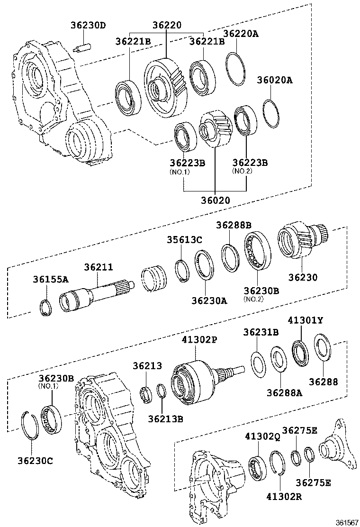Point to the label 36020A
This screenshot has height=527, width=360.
[275, 80]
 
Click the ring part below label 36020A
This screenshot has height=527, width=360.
[270, 114]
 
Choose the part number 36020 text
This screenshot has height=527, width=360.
[215, 200]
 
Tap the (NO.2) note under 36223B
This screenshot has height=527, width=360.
[242, 171]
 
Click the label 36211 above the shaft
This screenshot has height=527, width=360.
[99, 267]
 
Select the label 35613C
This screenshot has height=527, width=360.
[184, 240]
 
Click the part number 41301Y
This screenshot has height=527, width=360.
[306, 321]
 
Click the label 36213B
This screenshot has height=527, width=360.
[165, 418]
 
